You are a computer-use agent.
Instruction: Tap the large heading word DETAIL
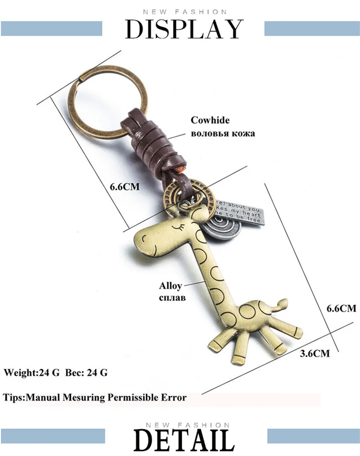pyautogui.click(x=184, y=440)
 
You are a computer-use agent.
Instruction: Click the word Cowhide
pyautogui.click(x=210, y=120)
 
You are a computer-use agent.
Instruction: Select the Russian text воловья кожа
pyautogui.click(x=223, y=133)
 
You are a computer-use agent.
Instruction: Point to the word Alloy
pyautogui.click(x=170, y=286)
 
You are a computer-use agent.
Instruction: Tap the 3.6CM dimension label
pyautogui.click(x=315, y=353)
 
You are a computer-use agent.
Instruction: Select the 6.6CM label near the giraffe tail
pyautogui.click(x=341, y=308)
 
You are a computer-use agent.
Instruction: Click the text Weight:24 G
pyautogui.click(x=31, y=373)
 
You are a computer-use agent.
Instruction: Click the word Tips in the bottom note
pyautogui.click(x=13, y=397)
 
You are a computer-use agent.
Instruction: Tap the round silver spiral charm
pyautogui.click(x=222, y=226)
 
